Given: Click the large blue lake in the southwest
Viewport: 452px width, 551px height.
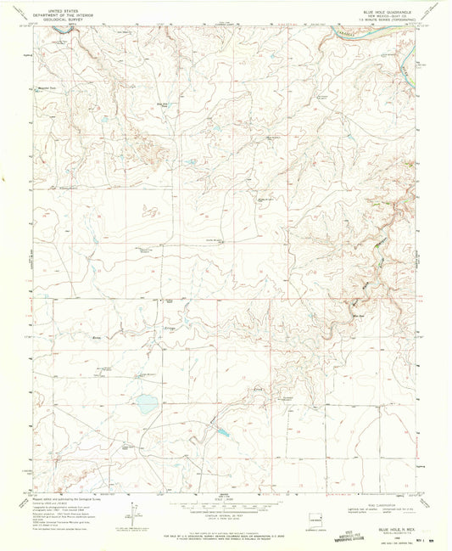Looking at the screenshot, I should (148, 405).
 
